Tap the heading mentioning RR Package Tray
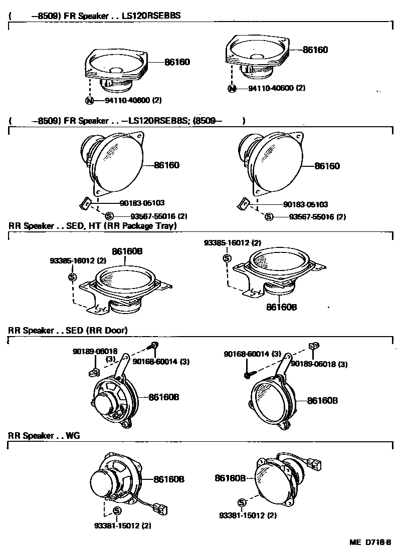pos(93,226)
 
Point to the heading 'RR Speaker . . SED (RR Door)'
pos(68,330)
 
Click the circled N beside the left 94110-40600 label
pos(89,100)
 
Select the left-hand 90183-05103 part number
pos(142,203)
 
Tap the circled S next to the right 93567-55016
pos(269,217)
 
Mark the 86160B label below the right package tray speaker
pos(282,307)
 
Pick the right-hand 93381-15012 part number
pos(248,515)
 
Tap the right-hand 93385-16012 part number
pos(233,242)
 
